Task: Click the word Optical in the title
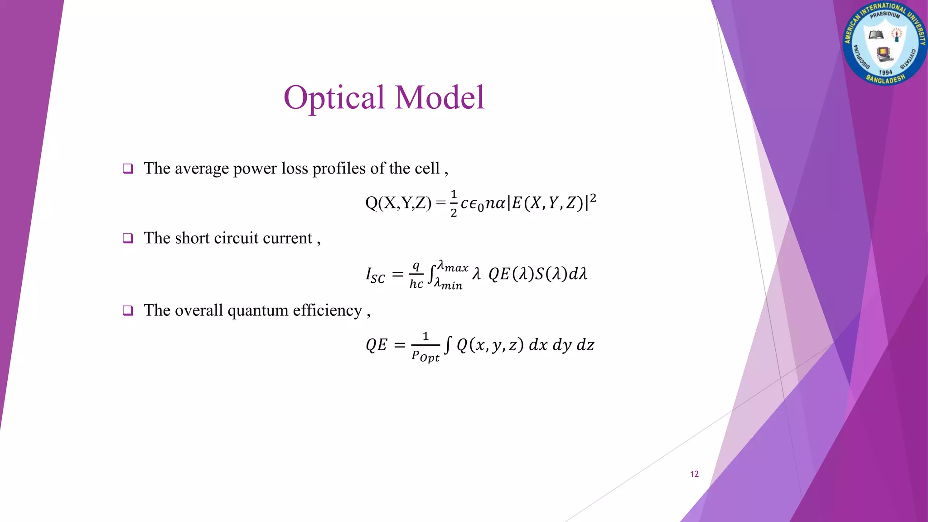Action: [334, 98]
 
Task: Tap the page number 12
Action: [694, 474]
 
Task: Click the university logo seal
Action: [884, 43]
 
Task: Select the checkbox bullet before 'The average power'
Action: [128, 169]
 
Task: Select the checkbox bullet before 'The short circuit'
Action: [128, 238]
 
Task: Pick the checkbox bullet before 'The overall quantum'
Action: [128, 310]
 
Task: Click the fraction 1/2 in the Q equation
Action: [454, 203]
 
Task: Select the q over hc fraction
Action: [416, 275]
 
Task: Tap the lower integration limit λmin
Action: [448, 284]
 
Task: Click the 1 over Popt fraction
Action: [425, 347]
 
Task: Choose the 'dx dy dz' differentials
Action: [561, 345]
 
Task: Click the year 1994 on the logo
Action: [885, 72]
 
